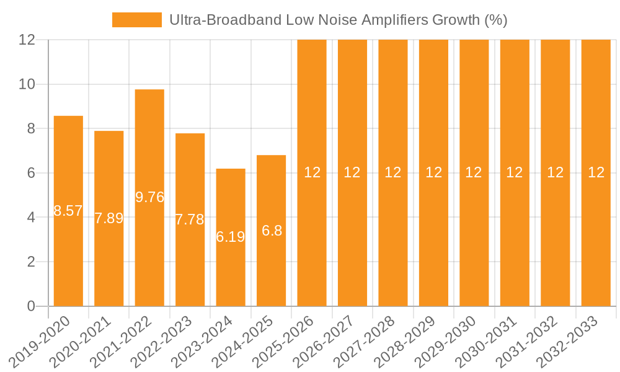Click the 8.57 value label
coord(68,211)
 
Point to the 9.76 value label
coord(149,197)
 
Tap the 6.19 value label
coord(231,237)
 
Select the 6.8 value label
coord(272,231)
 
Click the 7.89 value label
coord(109,218)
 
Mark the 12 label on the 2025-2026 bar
coord(312,172)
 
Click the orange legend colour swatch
coord(136,20)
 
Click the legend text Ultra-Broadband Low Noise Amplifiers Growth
coord(339,20)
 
